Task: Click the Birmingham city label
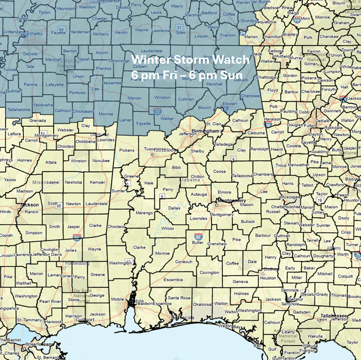(x=205, y=131)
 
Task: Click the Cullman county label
(x=186, y=99)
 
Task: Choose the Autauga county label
(x=199, y=194)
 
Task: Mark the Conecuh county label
(x=184, y=262)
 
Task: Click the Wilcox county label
(x=168, y=229)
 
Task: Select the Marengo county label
(x=144, y=212)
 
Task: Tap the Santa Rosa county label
(x=179, y=298)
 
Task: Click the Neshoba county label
(x=73, y=182)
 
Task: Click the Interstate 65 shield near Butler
(x=198, y=236)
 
